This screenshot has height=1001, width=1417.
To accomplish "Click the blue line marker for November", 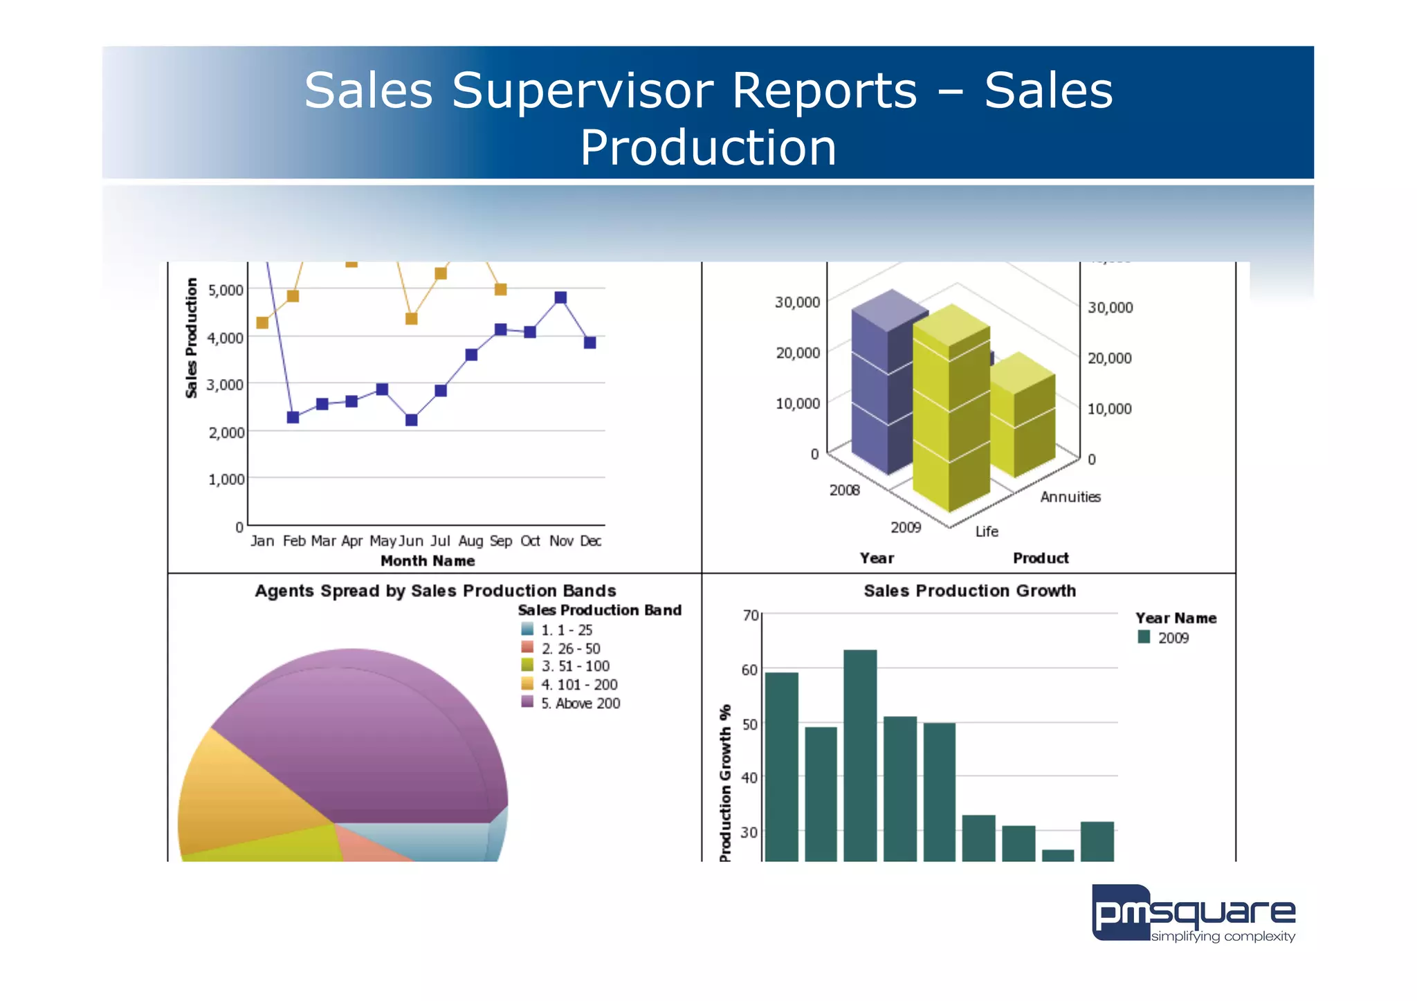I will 560,297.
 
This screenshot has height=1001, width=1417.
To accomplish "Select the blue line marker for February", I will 293,417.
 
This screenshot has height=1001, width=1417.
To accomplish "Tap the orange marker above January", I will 262,322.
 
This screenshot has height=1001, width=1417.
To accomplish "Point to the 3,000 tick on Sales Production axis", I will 226,385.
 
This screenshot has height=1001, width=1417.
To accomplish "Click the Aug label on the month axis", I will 470,541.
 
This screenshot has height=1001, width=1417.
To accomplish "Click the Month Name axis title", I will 428,561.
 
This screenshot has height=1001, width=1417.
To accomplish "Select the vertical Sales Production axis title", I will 192,338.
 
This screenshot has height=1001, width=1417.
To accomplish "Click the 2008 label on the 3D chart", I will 844,490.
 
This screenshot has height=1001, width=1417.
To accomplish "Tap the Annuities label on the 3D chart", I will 1070,497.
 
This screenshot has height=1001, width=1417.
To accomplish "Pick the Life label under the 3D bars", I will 987,531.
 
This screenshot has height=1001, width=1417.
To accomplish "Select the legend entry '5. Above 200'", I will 580,704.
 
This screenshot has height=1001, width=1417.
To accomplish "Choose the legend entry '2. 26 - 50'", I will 570,649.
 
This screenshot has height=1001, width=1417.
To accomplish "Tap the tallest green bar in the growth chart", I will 860,754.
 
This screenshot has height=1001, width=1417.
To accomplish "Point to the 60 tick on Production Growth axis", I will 749,670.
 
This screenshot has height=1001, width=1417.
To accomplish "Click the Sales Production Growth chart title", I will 969,591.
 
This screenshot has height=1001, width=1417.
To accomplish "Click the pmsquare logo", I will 1193,914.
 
